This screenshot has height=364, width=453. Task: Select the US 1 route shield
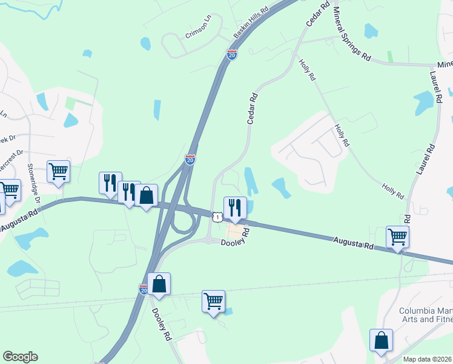pos(217,217)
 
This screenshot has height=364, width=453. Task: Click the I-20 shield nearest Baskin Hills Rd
pos(231,54)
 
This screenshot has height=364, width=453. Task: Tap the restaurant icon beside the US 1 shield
pos(235,207)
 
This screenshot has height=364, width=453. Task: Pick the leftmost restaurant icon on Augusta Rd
pos(110,183)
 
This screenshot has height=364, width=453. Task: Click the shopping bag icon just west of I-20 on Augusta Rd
pos(146,195)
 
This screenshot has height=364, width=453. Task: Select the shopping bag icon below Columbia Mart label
pos(381,340)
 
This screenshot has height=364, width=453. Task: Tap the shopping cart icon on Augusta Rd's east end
pos(397,237)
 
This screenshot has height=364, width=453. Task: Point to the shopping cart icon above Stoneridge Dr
pos(59,171)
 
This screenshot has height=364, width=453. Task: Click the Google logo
pos(20,357)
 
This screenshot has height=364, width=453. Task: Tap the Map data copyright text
pos(428,359)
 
